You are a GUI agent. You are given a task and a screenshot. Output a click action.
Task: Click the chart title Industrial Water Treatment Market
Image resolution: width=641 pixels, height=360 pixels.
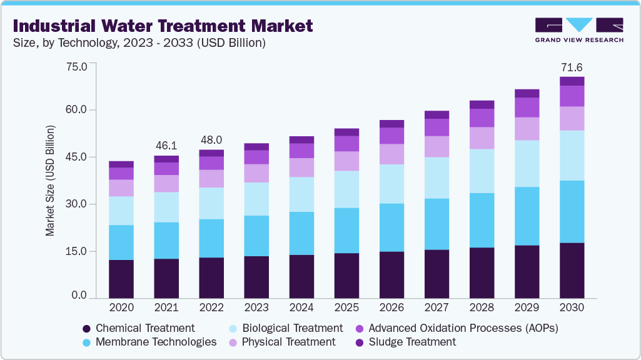tap(163, 26)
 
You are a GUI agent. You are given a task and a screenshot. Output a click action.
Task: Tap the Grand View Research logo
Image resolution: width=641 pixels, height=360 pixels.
tap(578, 30)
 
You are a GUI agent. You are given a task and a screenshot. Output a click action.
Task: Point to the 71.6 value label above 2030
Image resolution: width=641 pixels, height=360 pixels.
tap(571, 67)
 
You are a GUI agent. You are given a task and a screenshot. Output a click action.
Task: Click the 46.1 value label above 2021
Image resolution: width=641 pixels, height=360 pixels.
tap(166, 145)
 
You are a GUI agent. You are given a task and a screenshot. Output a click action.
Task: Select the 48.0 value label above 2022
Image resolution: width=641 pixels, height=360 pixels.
tap(211, 139)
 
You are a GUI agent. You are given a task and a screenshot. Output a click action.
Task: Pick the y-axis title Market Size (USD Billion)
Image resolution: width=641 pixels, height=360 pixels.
tap(50, 181)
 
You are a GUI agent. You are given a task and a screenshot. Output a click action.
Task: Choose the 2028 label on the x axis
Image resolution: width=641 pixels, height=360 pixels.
tap(482, 308)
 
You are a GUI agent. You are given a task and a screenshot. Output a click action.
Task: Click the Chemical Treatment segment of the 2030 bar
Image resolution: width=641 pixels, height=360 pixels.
tap(572, 271)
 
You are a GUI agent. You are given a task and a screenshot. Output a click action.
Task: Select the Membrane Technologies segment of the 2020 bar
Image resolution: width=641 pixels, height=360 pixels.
tap(121, 242)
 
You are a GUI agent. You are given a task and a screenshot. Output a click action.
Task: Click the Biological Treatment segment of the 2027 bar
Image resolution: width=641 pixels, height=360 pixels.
tap(437, 177)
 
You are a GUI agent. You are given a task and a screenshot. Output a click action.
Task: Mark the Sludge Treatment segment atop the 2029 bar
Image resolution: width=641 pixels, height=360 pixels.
tap(527, 93)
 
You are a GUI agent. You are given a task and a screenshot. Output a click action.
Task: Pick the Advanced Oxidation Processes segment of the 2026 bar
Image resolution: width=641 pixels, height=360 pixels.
tap(391, 136)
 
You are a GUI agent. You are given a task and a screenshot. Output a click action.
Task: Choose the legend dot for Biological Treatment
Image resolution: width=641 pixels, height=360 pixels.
tap(233, 328)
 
